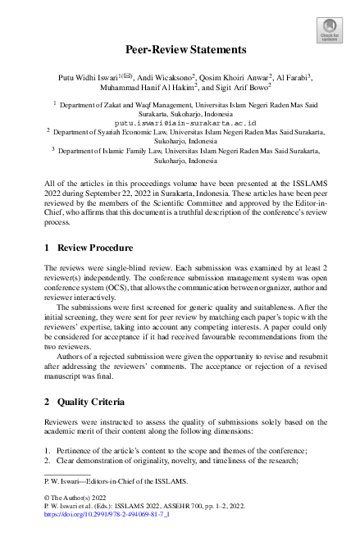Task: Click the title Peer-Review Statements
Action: [180, 49]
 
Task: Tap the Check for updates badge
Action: [329, 30]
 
